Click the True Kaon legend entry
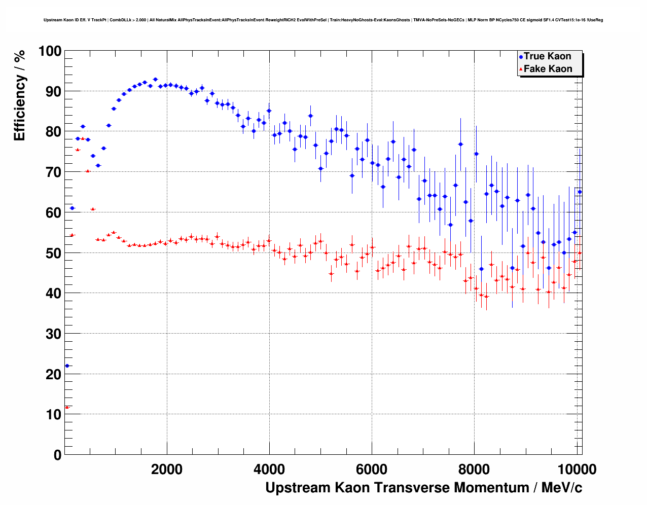point(547,56)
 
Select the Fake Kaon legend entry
point(548,69)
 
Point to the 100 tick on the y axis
point(50,51)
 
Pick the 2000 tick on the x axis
point(167,470)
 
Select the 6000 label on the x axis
point(372,470)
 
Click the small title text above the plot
point(323,20)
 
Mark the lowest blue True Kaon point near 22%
point(67,366)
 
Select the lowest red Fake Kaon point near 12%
point(67,407)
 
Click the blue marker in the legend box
point(521,57)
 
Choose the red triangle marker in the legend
point(521,69)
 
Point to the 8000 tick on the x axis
point(474,470)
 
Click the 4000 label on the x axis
point(269,470)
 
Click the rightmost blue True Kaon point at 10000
point(580,192)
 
